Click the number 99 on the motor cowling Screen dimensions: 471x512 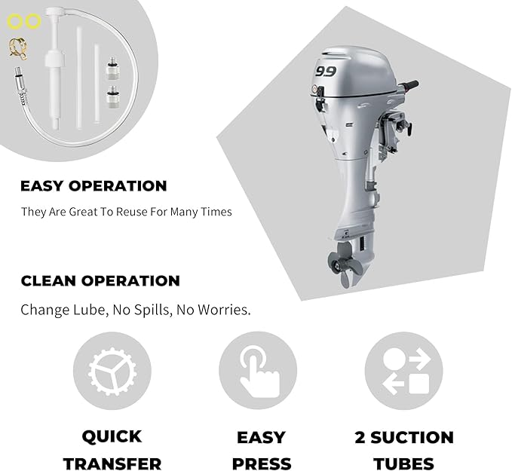(x=326, y=72)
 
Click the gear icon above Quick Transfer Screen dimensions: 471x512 (x=112, y=372)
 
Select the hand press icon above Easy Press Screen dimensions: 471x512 (x=258, y=372)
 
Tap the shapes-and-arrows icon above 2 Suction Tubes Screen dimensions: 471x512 (x=404, y=372)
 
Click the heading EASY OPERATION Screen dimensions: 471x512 (x=94, y=186)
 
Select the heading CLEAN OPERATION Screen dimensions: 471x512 (x=100, y=281)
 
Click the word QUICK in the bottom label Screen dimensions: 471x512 (x=112, y=437)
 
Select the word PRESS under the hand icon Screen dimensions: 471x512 (x=261, y=463)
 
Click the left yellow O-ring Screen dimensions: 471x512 (x=14, y=23)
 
